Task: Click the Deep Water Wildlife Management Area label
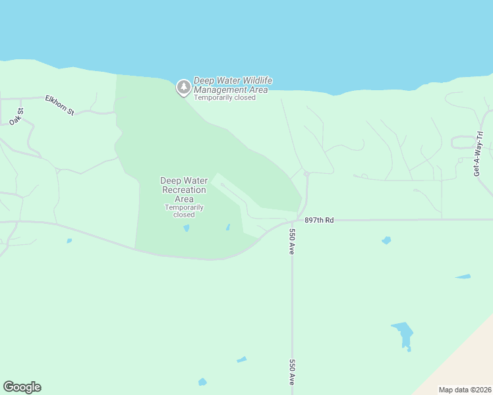click(x=233, y=85)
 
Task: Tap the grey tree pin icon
click(x=183, y=87)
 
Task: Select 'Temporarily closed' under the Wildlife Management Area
click(x=225, y=98)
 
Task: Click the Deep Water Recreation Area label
click(x=184, y=190)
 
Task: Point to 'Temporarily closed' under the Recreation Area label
click(x=184, y=211)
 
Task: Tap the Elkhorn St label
click(x=59, y=105)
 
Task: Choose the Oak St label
click(x=16, y=116)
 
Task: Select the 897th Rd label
click(x=320, y=220)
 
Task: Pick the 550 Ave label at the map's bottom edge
click(x=291, y=372)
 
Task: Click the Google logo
click(x=22, y=387)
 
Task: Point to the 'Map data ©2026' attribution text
click(x=464, y=390)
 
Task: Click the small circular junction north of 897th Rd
click(x=306, y=174)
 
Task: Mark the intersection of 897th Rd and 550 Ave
click(x=293, y=221)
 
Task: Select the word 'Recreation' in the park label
click(x=185, y=190)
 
